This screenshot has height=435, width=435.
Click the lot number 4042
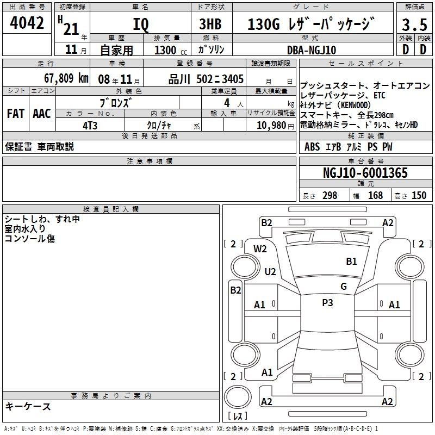[27, 23]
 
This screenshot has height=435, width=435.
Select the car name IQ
[141, 24]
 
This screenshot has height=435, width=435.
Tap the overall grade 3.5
[414, 24]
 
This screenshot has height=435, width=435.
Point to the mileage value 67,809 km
[66, 78]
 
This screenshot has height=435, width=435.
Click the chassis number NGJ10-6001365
[365, 172]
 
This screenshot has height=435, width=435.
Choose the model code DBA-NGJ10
[312, 50]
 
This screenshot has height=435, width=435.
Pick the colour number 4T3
[90, 126]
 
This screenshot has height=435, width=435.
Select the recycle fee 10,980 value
[271, 125]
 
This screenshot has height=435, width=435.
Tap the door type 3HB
[210, 24]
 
